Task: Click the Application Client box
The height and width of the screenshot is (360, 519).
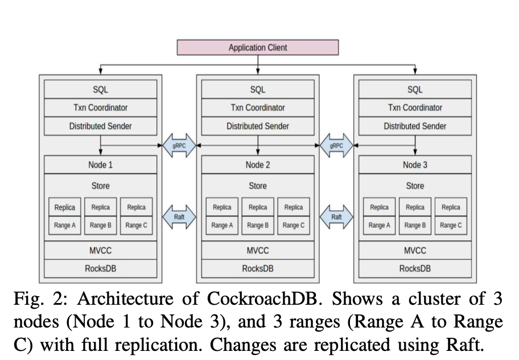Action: (x=258, y=48)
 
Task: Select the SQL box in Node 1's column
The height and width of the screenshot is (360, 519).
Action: (x=100, y=89)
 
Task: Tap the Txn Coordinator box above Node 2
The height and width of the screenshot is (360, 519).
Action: (x=258, y=107)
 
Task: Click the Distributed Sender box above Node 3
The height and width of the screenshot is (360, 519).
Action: (x=415, y=126)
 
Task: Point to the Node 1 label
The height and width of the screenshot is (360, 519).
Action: (x=100, y=165)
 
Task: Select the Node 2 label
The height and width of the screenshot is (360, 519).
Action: (x=258, y=165)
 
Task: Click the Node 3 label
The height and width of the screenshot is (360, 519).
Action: (x=415, y=165)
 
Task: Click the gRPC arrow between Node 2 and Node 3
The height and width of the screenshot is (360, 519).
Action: (x=336, y=145)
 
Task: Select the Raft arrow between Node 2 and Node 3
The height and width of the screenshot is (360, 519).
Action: (x=336, y=217)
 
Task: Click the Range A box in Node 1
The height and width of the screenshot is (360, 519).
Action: (x=65, y=226)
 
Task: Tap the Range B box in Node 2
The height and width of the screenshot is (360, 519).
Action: (x=258, y=226)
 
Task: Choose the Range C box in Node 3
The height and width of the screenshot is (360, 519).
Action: (x=451, y=226)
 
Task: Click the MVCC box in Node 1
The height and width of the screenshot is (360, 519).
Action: (x=100, y=251)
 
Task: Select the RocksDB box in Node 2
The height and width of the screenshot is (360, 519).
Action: (x=258, y=269)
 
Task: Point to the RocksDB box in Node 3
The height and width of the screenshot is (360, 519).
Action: (x=415, y=269)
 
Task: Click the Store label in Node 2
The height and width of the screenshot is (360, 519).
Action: (x=258, y=186)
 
